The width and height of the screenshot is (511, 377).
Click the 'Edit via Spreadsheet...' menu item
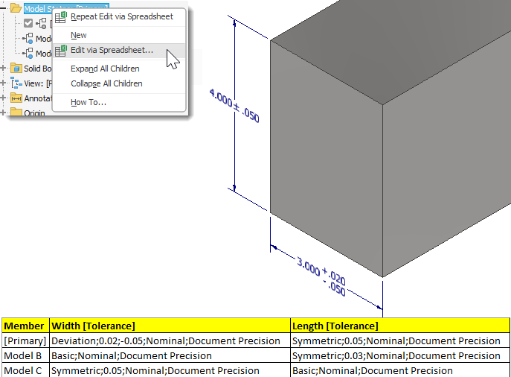coord(112,51)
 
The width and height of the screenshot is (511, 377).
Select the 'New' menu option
coord(79,35)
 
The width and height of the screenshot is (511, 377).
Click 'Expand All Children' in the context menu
coord(105,69)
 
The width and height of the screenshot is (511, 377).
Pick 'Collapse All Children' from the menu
coord(106,83)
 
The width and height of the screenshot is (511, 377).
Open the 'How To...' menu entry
coord(89,102)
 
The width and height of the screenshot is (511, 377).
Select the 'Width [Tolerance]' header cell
coord(93,326)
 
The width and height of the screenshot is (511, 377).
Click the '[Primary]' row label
coord(25,340)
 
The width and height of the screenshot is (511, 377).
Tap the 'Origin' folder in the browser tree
coord(34,113)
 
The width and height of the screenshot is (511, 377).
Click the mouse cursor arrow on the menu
coord(172,58)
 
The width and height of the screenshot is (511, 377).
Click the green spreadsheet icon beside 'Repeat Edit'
coord(61,16)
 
